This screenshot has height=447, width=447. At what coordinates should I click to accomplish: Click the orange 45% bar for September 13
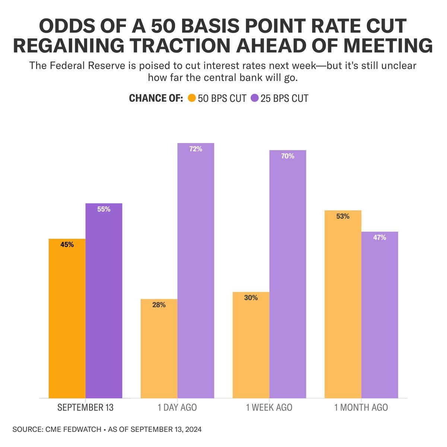(67, 318)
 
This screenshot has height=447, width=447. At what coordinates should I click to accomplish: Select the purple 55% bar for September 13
(104, 301)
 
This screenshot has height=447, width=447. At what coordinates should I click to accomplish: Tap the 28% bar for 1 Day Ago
(159, 349)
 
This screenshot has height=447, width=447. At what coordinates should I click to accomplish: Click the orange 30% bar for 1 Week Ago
(251, 345)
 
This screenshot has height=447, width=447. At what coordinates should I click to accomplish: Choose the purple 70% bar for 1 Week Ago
(288, 274)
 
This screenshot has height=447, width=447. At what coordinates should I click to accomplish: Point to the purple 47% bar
(380, 315)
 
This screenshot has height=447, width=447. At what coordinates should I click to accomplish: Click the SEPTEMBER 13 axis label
(85, 408)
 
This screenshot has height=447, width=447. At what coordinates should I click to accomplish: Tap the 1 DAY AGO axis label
(177, 408)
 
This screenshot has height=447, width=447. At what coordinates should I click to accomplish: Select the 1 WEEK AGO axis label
(269, 408)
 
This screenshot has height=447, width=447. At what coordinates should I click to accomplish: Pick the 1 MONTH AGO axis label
(361, 408)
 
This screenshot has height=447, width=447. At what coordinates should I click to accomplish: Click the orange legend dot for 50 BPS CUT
(192, 98)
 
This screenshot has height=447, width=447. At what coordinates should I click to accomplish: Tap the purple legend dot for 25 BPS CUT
(255, 98)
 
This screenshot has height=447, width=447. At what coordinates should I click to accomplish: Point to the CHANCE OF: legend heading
(156, 98)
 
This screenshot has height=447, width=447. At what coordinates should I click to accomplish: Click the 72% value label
(196, 149)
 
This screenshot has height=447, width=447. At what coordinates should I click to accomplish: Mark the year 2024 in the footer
(192, 429)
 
